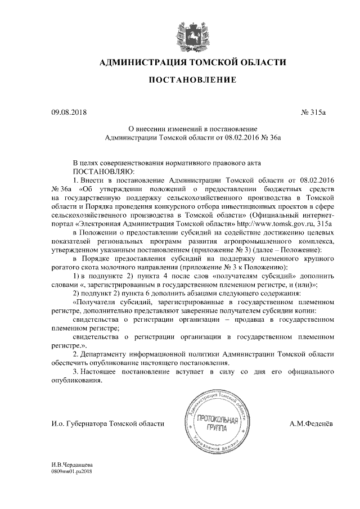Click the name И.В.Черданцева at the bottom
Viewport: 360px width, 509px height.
[x=72, y=466]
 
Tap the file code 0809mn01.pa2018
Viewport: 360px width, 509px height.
[x=71, y=472]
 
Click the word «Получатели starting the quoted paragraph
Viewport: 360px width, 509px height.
[x=93, y=302]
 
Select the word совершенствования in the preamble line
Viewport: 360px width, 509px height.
[x=133, y=161]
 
